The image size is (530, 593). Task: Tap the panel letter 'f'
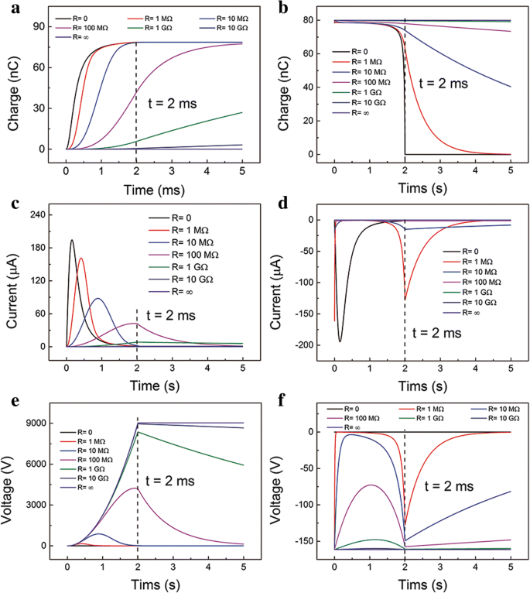pos(274,402)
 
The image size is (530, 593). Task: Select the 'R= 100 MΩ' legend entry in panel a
pos(91,26)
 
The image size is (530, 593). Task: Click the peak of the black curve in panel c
pos(72,240)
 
